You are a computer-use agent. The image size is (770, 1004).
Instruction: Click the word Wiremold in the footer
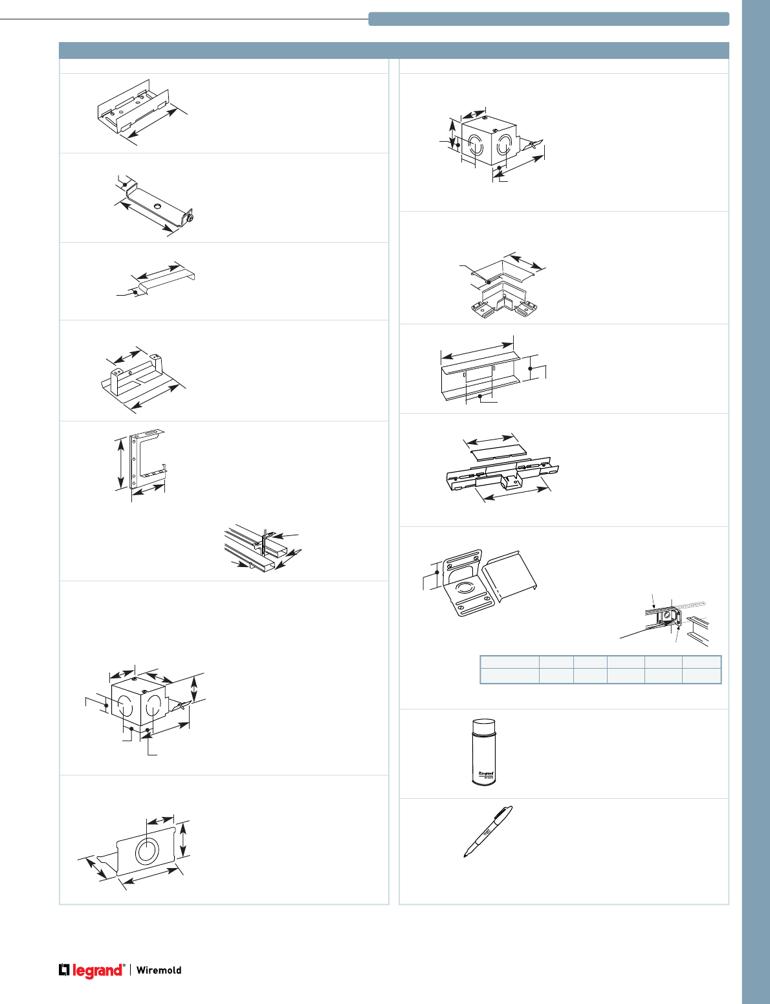point(159,970)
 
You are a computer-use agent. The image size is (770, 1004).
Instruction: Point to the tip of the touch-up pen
point(465,856)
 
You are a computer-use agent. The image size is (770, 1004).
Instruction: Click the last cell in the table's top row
point(701,662)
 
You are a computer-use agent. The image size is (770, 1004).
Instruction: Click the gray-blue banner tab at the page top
point(549,19)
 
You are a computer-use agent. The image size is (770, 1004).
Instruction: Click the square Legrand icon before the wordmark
point(64,970)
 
